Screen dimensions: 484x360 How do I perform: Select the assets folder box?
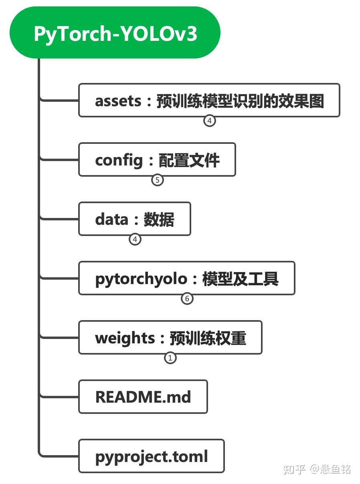209,100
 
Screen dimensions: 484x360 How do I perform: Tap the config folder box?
157,159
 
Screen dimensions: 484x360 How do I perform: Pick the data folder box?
134,219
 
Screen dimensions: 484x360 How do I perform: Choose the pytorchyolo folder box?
186,278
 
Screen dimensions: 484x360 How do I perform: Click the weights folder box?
170,337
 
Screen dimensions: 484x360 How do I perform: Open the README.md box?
143,397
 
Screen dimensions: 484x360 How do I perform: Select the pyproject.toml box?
151,456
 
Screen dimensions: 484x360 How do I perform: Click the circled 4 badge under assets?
209,121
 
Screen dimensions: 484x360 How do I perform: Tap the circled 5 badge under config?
158,180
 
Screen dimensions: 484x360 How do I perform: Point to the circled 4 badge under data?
135,239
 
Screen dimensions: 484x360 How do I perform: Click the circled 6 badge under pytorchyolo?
187,298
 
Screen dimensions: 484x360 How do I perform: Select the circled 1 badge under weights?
170,358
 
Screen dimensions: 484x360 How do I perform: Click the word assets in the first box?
118,101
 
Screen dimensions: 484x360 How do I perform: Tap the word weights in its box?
125,338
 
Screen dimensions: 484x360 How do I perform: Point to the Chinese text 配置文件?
189,160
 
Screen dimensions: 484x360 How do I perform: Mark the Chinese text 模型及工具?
240,279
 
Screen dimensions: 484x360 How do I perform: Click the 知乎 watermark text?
294,469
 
